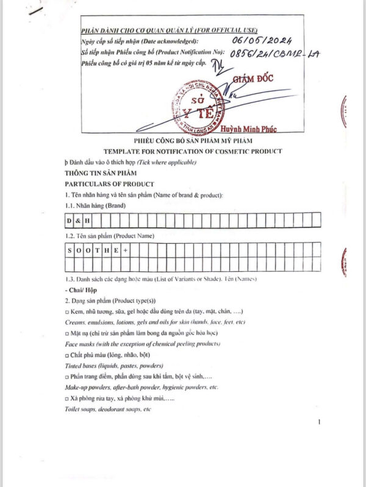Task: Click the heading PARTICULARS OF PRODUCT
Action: (109, 184)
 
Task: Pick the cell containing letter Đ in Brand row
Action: (69, 219)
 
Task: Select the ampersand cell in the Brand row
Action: (78, 219)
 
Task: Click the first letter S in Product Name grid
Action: (69, 250)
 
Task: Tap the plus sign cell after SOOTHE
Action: (125, 250)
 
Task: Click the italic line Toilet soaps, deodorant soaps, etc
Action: (107, 408)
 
